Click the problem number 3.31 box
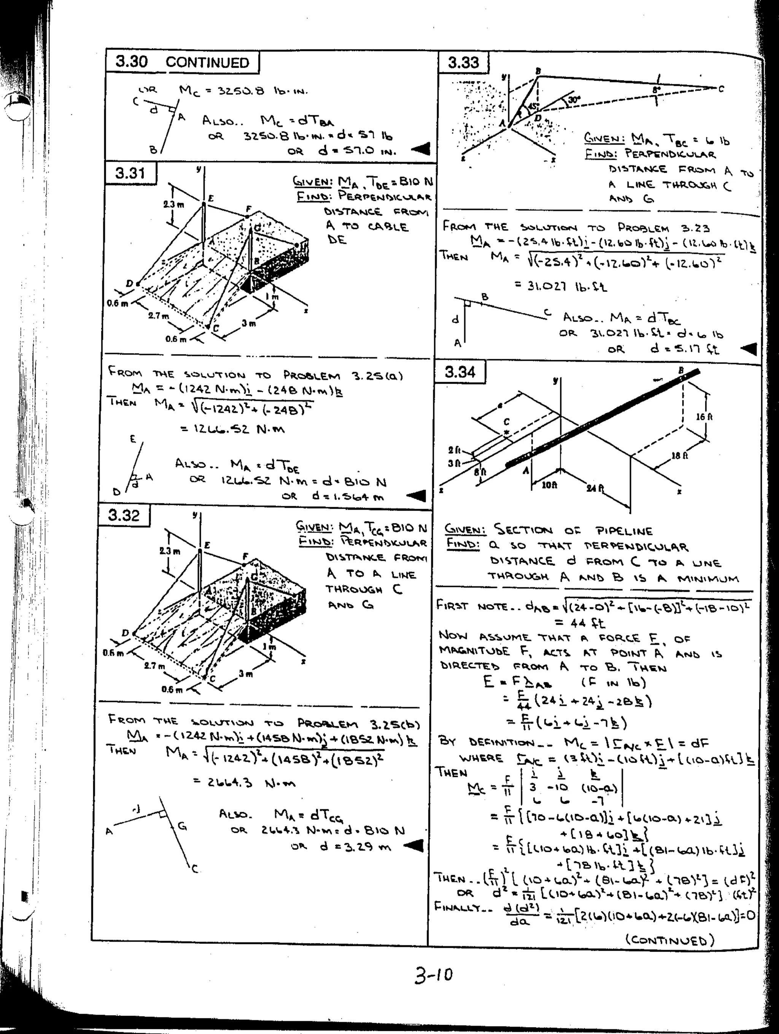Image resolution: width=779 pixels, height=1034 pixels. (x=130, y=173)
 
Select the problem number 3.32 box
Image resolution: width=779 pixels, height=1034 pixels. (x=124, y=515)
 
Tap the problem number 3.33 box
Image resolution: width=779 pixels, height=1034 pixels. (x=463, y=62)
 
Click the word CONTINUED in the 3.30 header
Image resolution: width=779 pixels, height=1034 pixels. (x=207, y=63)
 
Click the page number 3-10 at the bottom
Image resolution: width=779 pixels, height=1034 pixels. (x=433, y=975)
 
